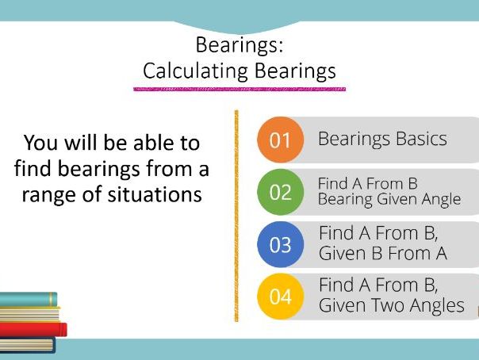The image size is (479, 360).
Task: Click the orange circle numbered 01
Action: point(280,140)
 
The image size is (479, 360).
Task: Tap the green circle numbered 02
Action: point(280,191)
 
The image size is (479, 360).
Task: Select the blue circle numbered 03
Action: point(280,244)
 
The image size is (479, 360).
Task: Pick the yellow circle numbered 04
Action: point(280,297)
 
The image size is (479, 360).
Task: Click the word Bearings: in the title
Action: point(239,44)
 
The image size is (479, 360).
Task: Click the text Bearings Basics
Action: point(382,139)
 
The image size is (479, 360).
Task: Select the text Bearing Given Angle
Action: point(389,199)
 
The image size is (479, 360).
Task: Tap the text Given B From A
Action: point(382,254)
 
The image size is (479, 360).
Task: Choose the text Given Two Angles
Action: point(391,305)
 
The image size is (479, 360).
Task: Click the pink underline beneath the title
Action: point(239,90)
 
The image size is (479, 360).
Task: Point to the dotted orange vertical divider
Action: point(236,214)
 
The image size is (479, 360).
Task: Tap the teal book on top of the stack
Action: point(29,299)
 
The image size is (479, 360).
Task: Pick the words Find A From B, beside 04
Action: point(378,285)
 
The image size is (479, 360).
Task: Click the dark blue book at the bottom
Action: point(27,345)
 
